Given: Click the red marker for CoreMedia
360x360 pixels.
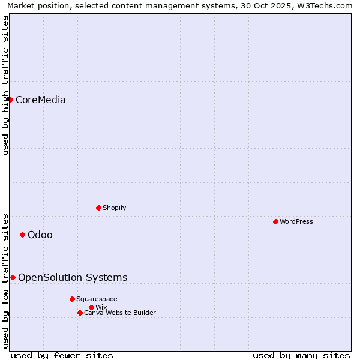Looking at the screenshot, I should pyautogui.click(x=10, y=100).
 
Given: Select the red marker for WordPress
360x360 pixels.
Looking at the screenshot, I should pyautogui.click(x=275, y=222).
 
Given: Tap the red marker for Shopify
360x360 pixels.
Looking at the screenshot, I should pyautogui.click(x=98, y=208).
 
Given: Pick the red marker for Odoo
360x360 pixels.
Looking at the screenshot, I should pyautogui.click(x=22, y=235).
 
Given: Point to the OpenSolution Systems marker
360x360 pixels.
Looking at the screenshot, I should pyautogui.click(x=13, y=277).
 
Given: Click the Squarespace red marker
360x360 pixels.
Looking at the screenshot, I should pyautogui.click(x=72, y=299).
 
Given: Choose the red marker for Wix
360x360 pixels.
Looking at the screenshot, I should pyautogui.click(x=91, y=308).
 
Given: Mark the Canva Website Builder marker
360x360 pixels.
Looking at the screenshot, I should pyautogui.click(x=80, y=313).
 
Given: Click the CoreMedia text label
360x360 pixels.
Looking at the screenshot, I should pyautogui.click(x=40, y=100).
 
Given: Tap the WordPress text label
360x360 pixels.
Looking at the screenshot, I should pyautogui.click(x=296, y=222).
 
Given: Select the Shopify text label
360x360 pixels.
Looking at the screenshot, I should pyautogui.click(x=114, y=208).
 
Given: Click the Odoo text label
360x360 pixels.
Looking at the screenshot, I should pyautogui.click(x=40, y=235).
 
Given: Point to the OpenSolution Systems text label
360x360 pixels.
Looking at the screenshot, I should pyautogui.click(x=73, y=278).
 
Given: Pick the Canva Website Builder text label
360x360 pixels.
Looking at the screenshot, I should pyautogui.click(x=120, y=313).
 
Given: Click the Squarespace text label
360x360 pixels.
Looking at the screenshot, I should pyautogui.click(x=97, y=299).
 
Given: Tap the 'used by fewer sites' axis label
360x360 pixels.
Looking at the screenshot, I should pyautogui.click(x=62, y=356).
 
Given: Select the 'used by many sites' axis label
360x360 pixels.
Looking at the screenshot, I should pyautogui.click(x=301, y=356).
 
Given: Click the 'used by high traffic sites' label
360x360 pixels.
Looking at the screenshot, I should pyautogui.click(x=5, y=85).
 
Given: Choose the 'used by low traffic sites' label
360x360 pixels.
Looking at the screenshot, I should pyautogui.click(x=5, y=280).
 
